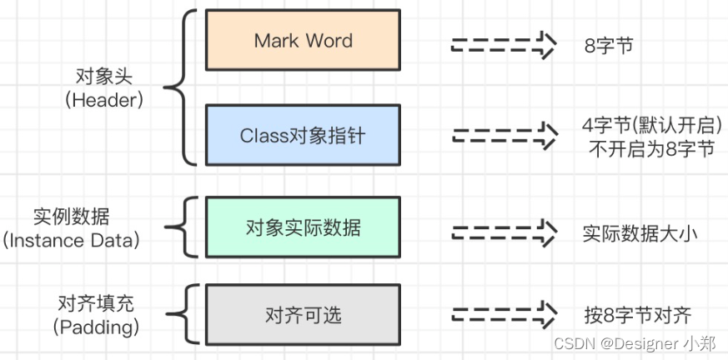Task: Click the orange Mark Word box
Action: click(303, 40)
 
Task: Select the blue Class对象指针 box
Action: click(303, 135)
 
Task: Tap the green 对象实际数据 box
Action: click(303, 227)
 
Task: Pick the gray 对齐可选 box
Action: click(303, 315)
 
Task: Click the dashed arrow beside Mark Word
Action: click(503, 45)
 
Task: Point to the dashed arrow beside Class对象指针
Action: click(503, 135)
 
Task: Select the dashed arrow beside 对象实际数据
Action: click(503, 230)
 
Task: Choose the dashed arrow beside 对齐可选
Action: click(503, 316)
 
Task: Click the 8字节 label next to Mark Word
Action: click(609, 45)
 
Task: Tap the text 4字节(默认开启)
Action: click(651, 126)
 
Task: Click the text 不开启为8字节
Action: click(650, 148)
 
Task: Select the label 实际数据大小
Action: click(639, 233)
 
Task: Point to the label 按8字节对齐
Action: click(638, 316)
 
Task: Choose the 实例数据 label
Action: click(72, 217)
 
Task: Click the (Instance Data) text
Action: click(72, 241)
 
